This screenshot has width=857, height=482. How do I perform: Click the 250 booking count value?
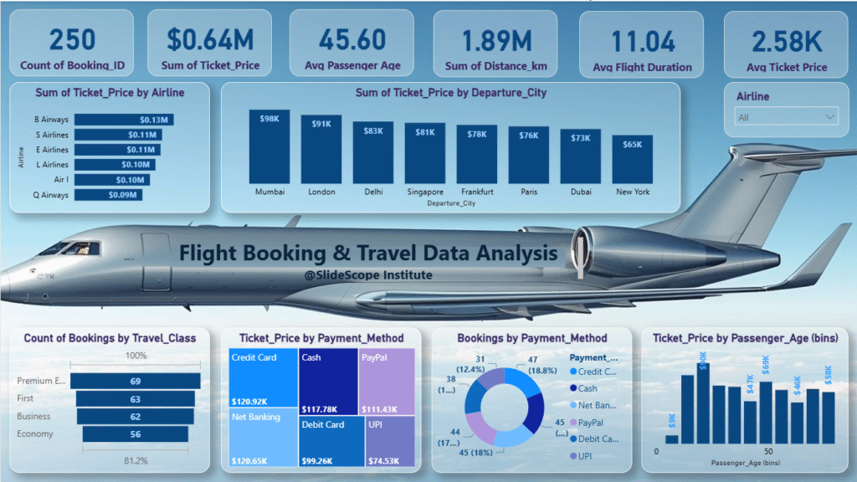tap(72, 39)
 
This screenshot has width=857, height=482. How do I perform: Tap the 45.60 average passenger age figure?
tap(352, 39)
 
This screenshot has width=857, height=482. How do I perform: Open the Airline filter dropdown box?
tap(786, 117)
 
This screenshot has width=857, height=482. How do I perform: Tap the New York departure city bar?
tap(632, 159)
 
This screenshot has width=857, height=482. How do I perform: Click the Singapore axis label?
tap(425, 192)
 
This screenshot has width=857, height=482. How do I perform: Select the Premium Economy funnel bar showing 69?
tap(135, 382)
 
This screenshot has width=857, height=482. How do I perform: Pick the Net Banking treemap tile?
tap(263, 435)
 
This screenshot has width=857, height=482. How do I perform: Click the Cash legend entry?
tap(588, 388)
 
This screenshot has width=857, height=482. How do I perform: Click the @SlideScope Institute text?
tap(368, 274)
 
